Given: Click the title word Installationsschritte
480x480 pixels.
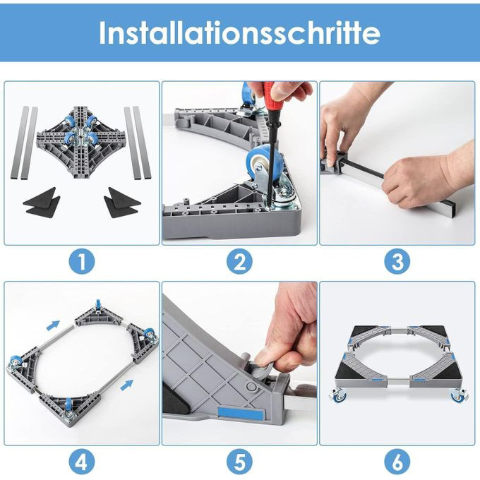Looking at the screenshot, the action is coord(240,32).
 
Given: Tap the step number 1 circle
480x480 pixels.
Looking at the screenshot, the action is coord(82,261).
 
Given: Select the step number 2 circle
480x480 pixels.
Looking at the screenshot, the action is coord(240,261).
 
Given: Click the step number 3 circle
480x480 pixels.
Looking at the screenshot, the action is coord(397,261).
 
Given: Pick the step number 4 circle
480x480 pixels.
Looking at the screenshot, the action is coord(82,462).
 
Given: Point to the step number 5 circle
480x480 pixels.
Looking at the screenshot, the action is coord(240,462).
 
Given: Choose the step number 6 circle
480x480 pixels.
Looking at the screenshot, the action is coord(397,462).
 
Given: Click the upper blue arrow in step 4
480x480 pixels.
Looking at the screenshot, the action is coord(53,325).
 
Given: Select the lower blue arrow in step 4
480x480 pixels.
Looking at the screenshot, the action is coord(127,385).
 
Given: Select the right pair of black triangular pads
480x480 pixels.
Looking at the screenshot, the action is coord(122,203).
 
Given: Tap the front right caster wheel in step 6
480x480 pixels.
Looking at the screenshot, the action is coord(458,395).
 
